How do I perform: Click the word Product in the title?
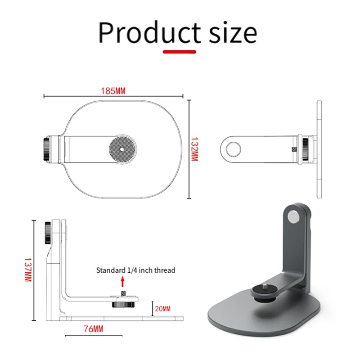tap(149, 32)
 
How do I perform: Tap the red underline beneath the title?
tap(180, 51)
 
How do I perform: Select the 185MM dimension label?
tap(113, 91)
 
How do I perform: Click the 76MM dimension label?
tap(94, 329)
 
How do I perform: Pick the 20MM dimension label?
tap(163, 309)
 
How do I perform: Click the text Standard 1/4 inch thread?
tap(135, 270)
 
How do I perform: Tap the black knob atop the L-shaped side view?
tap(47, 226)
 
